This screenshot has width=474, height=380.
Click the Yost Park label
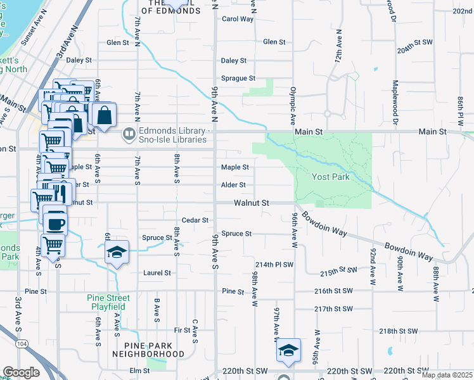[330, 177]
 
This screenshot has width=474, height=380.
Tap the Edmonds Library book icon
[129, 133]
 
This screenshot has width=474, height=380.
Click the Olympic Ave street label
[293, 105]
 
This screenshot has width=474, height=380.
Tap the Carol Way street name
[237, 19]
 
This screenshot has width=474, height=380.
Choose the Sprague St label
[238, 79]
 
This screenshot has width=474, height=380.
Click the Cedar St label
[195, 220]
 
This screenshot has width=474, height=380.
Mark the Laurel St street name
[158, 273]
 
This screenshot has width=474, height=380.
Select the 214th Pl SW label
[274, 264]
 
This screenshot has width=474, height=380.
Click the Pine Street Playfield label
[108, 302]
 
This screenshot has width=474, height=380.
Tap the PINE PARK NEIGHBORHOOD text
[145, 350]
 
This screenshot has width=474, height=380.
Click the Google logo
[21, 372]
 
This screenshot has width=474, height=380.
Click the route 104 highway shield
[23, 343]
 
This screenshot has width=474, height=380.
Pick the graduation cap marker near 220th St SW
[288, 350]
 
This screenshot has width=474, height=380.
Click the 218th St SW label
[399, 331]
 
